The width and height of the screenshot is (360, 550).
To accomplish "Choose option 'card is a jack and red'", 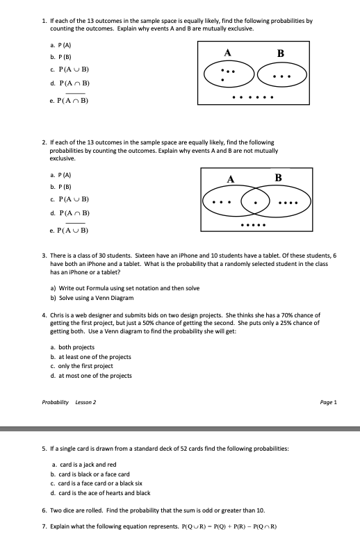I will point(88,464).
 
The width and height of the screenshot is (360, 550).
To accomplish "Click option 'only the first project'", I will point(85,366).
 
